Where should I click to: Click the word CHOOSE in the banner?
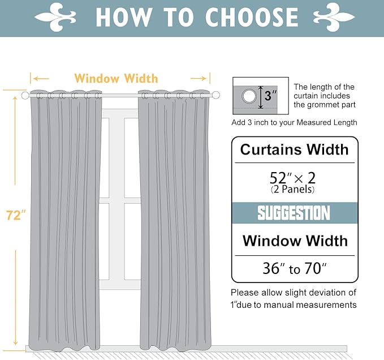point(251,18)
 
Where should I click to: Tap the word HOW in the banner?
point(123,18)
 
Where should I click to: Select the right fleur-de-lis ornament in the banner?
point(334,16)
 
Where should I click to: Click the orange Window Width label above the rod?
point(116,78)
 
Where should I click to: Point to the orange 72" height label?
point(16,216)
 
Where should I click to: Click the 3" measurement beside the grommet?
point(271,96)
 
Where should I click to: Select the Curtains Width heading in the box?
point(294,150)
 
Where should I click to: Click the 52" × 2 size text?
point(293,178)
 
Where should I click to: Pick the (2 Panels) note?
point(292,190)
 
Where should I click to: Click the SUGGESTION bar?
point(294,213)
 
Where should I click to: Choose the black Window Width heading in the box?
point(295,241)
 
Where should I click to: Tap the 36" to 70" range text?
point(294,268)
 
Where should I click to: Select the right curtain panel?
point(174,221)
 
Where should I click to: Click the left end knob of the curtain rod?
point(25,96)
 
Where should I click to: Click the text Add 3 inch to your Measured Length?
point(294,122)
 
